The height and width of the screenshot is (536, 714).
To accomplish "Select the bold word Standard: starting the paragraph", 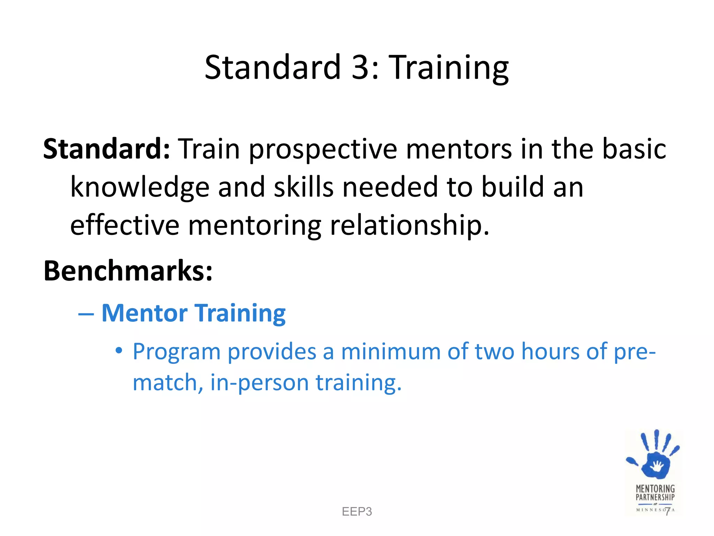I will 106,149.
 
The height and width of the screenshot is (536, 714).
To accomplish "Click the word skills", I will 304,187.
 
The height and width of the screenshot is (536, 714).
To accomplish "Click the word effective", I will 124,225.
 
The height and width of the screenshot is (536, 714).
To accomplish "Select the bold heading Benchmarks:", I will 128,271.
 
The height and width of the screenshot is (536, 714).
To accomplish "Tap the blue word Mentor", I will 144,313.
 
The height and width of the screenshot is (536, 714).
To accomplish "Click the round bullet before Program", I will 119,350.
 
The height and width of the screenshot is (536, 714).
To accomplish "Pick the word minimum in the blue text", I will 390,351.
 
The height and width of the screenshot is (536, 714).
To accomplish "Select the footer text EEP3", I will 357,512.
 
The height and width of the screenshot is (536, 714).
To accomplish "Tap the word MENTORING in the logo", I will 655,489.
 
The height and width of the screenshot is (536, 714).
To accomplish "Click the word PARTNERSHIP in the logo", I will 655,497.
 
